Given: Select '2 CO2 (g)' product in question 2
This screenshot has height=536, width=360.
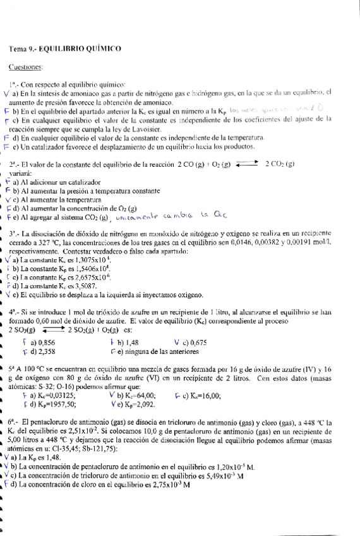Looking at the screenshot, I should click(x=280, y=164).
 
